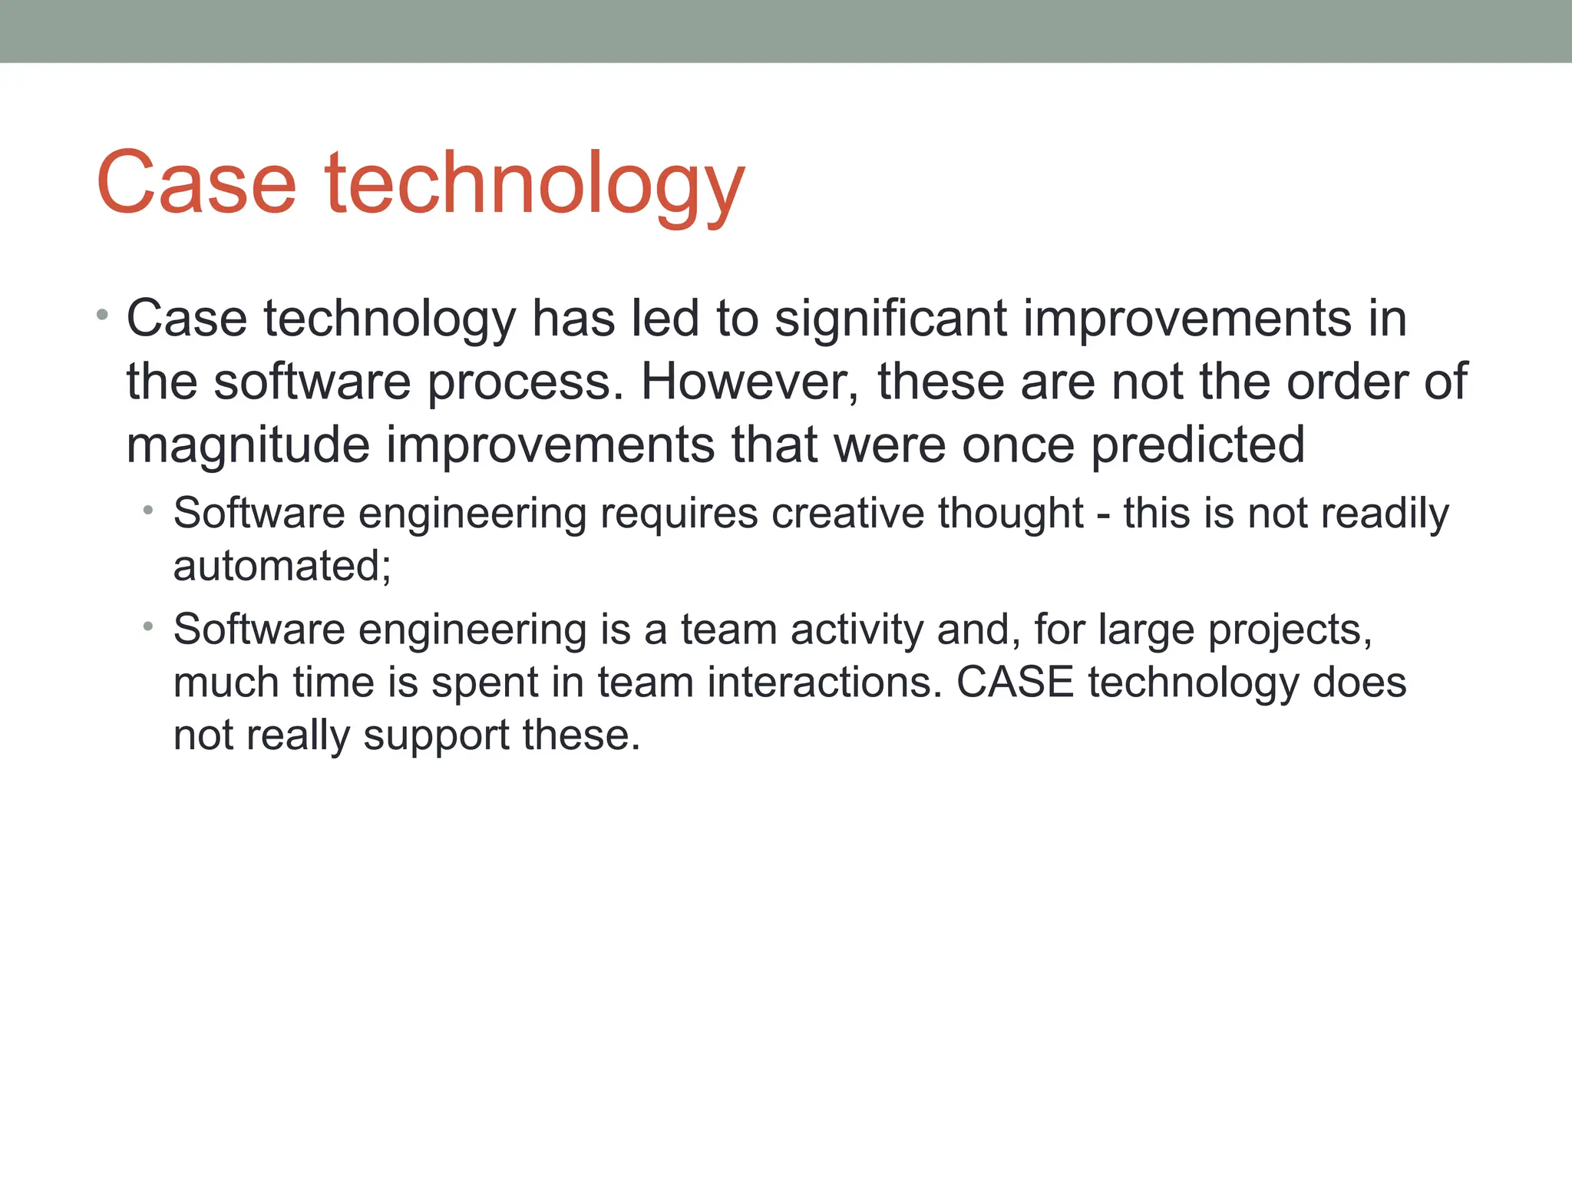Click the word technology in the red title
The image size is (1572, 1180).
[535, 184]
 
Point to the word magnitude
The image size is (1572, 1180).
[248, 446]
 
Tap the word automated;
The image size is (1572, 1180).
[282, 566]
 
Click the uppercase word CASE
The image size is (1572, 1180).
[1015, 682]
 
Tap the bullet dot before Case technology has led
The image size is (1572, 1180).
[103, 315]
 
